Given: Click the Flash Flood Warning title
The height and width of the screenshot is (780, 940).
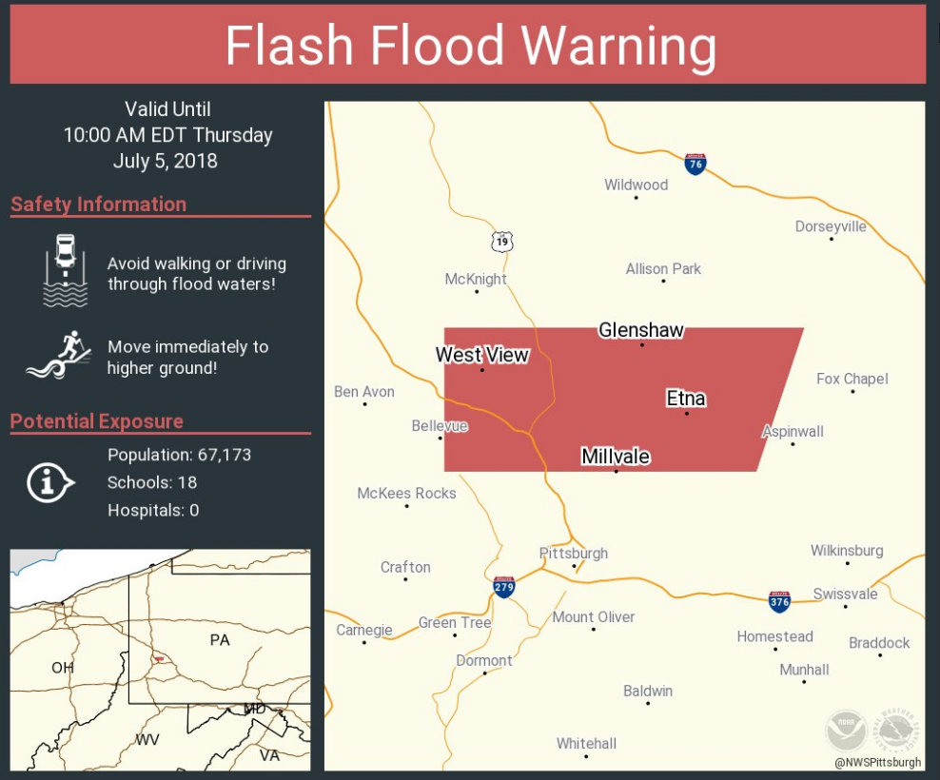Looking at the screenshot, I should pyautogui.click(x=470, y=46).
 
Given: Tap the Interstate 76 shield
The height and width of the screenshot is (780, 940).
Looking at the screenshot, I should pyautogui.click(x=695, y=164).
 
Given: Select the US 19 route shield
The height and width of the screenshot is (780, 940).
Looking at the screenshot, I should pyautogui.click(x=502, y=242).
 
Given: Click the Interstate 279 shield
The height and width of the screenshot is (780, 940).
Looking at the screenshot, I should pyautogui.click(x=504, y=586).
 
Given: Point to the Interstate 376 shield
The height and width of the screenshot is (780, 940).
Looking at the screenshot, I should pyautogui.click(x=779, y=600).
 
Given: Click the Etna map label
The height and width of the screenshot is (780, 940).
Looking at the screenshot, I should pyautogui.click(x=685, y=398).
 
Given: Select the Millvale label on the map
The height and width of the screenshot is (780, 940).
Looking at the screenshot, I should pyautogui.click(x=616, y=457).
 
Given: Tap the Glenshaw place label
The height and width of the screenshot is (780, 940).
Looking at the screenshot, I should pyautogui.click(x=640, y=330).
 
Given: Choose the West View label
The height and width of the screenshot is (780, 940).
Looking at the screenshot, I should pyautogui.click(x=481, y=355).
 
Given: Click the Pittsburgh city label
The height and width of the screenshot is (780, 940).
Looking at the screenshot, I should pyautogui.click(x=573, y=553).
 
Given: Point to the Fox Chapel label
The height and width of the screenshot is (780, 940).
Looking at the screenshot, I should pyautogui.click(x=852, y=379).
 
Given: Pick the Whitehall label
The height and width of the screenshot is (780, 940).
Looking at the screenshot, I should pyautogui.click(x=586, y=743).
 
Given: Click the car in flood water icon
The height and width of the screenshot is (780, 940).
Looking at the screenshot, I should pyautogui.click(x=65, y=270).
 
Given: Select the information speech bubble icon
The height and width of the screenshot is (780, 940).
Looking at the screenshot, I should pyautogui.click(x=49, y=483).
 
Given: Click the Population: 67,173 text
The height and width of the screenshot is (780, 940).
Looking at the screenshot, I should pyautogui.click(x=179, y=455).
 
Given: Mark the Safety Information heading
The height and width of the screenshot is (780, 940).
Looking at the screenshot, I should pyautogui.click(x=99, y=205).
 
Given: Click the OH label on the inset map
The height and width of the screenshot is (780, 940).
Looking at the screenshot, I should pyautogui.click(x=62, y=668).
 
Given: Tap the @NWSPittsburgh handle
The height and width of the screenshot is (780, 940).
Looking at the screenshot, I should pyautogui.click(x=877, y=762).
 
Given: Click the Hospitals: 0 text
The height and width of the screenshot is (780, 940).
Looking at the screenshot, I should pyautogui.click(x=153, y=510).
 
